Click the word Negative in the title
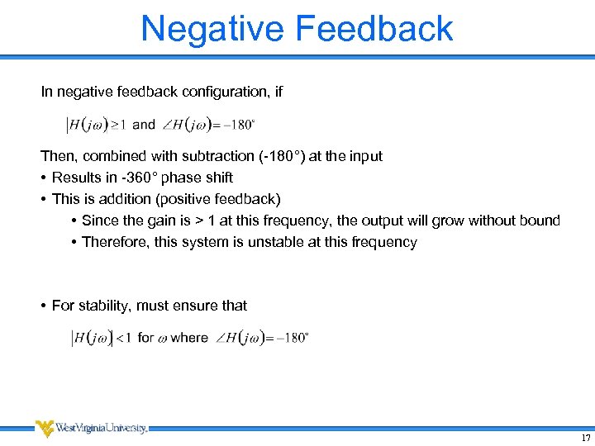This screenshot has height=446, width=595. point(212,28)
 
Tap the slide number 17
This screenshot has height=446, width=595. point(585,438)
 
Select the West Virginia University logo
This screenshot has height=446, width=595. point(91,428)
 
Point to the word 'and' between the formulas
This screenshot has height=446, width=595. point(144,124)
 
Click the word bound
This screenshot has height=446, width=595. point(540,221)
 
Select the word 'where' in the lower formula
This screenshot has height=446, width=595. point(189,337)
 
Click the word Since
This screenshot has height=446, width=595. point(100,221)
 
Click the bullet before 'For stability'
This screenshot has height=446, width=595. point(42,306)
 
